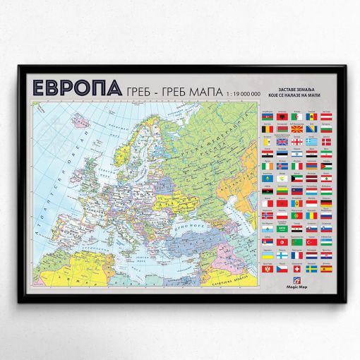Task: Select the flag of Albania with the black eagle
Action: tap(282, 117)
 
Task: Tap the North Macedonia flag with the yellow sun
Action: tap(297, 129)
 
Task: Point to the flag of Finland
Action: tap(282, 256)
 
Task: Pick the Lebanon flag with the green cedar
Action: tap(326, 179)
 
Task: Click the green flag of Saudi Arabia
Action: tap(282, 229)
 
